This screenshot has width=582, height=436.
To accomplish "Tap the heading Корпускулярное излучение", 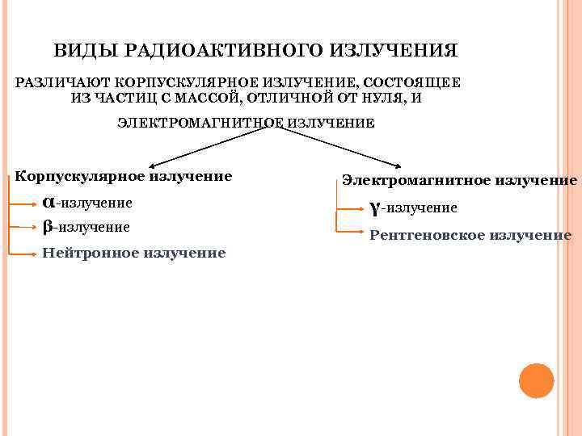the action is tap(124, 175).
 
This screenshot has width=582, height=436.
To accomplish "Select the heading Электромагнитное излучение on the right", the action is tap(459, 181).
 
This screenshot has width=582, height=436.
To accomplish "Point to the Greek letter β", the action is tap(47, 227).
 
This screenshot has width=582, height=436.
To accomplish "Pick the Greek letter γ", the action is tap(374, 208).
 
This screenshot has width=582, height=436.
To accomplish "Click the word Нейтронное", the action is tap(91, 253).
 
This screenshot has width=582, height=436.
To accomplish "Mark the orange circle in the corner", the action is tap(536, 380).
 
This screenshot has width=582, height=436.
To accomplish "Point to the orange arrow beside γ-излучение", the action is tap(351, 208).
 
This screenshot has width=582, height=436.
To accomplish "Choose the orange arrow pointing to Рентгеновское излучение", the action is tap(351, 235).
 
